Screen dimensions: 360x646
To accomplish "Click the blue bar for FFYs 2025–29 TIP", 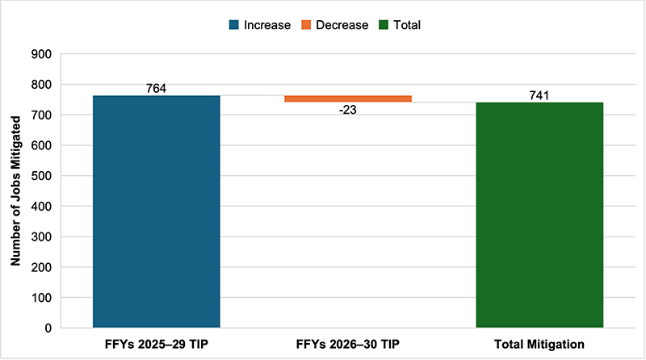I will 157,211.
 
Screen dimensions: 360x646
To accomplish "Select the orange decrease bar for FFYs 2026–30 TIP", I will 348,98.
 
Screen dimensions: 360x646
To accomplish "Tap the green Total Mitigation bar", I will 539,215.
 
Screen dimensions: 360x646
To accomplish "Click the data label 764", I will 157,88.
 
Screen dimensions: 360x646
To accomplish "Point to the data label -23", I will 348,111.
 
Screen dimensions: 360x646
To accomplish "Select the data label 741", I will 539,95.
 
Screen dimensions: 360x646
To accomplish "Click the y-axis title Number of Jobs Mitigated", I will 15,190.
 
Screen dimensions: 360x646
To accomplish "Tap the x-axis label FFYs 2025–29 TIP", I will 157,345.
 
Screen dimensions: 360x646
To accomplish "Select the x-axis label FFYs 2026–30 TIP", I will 348,345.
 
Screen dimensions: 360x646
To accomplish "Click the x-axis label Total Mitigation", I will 539,345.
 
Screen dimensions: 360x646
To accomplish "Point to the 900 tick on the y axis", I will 41,54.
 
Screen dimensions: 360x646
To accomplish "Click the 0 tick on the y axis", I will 48,328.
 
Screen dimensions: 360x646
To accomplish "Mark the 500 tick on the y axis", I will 41,176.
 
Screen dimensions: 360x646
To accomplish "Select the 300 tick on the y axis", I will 41,237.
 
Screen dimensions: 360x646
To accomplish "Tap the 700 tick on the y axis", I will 41,115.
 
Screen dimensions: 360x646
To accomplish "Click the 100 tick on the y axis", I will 41,298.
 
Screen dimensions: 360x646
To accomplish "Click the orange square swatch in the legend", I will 307,25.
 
